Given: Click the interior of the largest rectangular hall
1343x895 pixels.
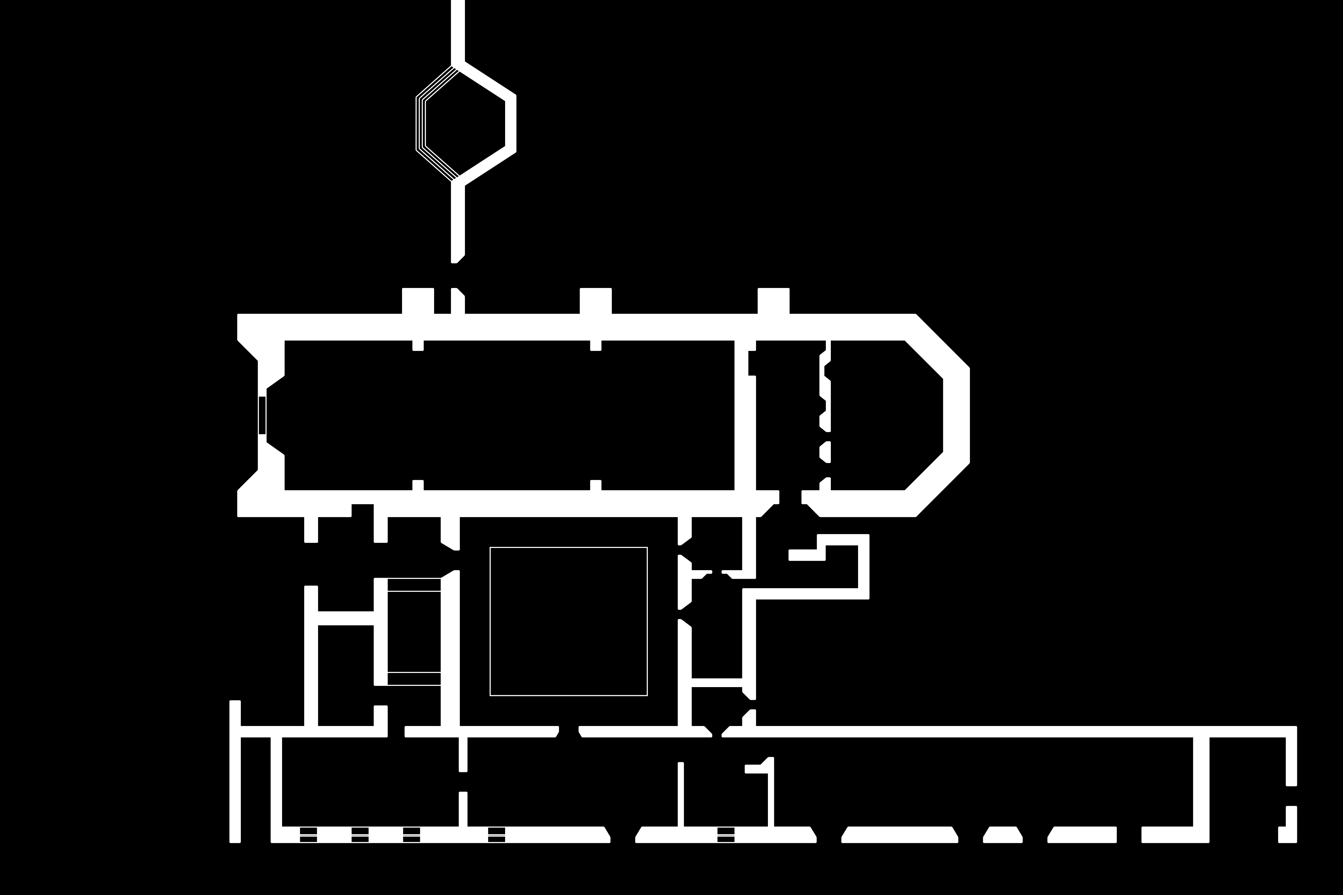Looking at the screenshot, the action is (x=508, y=415).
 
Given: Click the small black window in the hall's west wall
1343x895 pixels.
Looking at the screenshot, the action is (x=262, y=415).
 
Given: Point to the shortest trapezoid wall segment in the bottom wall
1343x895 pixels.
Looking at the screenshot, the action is (x=1003, y=834).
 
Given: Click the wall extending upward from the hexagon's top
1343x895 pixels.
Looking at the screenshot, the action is (x=458, y=31).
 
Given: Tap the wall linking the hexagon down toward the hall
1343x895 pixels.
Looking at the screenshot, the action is (x=458, y=223).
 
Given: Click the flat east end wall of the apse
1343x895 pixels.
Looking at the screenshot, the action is (x=956, y=415).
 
